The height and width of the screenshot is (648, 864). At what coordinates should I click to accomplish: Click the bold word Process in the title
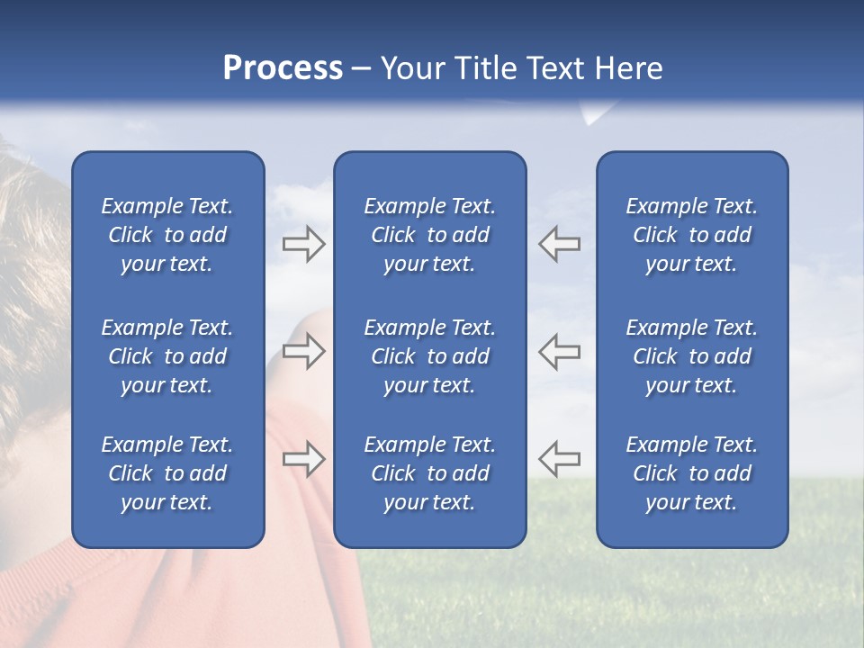[283, 68]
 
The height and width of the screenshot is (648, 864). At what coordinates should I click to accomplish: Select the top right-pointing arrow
[303, 244]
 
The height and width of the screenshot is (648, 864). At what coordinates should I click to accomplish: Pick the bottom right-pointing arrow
[303, 459]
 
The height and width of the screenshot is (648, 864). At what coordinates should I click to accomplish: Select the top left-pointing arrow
[559, 244]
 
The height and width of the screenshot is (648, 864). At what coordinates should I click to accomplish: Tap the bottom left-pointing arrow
[559, 459]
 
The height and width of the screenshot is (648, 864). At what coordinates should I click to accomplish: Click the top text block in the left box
[167, 235]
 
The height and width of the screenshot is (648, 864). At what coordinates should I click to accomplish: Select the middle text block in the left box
[167, 356]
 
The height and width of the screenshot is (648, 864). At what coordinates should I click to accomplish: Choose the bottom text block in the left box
[167, 473]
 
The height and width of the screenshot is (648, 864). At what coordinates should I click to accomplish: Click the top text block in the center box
[429, 235]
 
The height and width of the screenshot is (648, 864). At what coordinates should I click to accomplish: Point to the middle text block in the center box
[429, 356]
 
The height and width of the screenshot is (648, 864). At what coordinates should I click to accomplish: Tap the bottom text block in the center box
[429, 473]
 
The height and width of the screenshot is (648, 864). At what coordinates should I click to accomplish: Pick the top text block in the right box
[691, 235]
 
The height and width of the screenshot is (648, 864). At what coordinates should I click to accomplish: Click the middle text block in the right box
[691, 356]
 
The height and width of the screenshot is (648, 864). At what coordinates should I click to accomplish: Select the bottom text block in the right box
[691, 473]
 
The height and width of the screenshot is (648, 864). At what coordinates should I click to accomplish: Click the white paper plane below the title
[595, 113]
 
